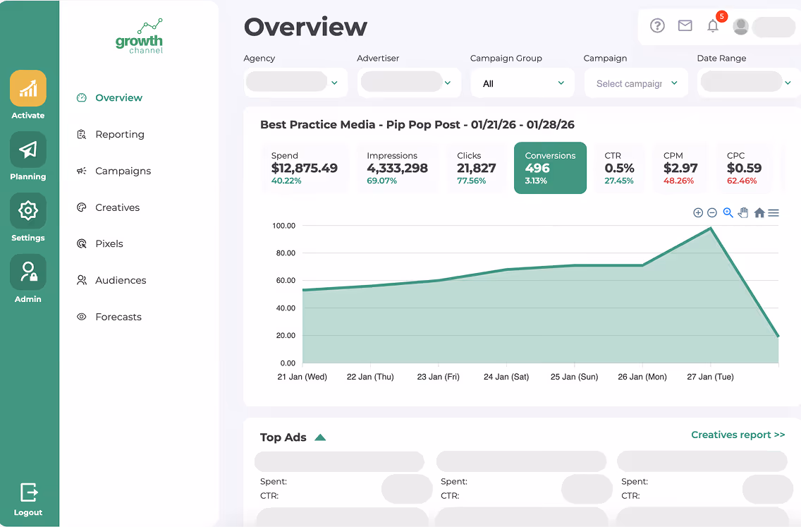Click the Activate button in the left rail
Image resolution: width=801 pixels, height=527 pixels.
point(28,89)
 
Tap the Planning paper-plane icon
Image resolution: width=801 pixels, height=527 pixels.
point(28,150)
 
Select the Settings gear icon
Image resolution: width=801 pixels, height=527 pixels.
point(28,211)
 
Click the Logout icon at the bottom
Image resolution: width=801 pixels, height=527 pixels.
point(28,492)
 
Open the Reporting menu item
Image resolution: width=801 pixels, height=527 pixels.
point(119,134)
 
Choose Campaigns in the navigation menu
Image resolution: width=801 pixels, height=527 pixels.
point(123,171)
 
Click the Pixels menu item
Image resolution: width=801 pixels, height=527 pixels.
point(109,243)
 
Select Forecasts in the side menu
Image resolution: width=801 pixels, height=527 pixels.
point(118,317)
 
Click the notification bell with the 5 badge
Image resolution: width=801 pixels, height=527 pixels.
point(713,26)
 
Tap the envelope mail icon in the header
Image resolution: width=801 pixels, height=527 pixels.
point(685,26)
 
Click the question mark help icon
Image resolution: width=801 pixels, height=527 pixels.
point(657,26)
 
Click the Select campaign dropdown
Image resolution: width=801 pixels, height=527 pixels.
point(636,83)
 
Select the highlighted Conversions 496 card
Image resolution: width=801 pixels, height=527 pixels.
point(550,168)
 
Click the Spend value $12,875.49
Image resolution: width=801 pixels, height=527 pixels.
point(305,169)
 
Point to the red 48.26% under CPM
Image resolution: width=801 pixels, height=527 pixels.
point(678,181)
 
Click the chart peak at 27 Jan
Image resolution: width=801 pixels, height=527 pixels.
point(711,228)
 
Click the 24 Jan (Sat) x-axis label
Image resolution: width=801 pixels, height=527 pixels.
point(506,377)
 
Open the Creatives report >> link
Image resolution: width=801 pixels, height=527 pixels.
point(738,435)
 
